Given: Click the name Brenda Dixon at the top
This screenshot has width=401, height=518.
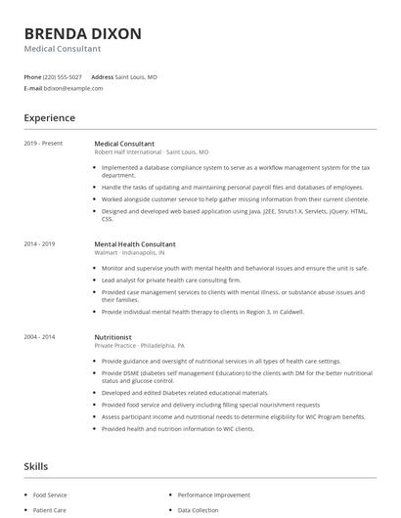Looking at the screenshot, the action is (x=82, y=33).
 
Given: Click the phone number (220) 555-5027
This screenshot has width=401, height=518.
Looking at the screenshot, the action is (x=64, y=76).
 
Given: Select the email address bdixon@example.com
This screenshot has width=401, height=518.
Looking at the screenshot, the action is (x=73, y=88).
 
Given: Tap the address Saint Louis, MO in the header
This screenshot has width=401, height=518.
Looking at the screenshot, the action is (x=136, y=76).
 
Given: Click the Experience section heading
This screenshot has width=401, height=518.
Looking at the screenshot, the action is (x=50, y=118).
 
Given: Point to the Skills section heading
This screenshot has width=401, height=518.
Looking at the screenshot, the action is (x=36, y=466).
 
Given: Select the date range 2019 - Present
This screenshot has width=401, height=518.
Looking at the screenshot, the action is (x=43, y=144).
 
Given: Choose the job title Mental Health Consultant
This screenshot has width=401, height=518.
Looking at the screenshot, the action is (x=135, y=243).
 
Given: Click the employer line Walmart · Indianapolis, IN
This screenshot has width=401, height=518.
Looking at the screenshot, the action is (x=132, y=252).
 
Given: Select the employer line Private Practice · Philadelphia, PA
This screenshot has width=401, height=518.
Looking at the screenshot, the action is (x=139, y=345).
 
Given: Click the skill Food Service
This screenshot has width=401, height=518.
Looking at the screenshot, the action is (x=51, y=496).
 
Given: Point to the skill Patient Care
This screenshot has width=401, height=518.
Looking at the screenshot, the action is (x=50, y=510).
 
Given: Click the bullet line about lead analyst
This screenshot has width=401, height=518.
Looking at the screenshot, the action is (x=156, y=280).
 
